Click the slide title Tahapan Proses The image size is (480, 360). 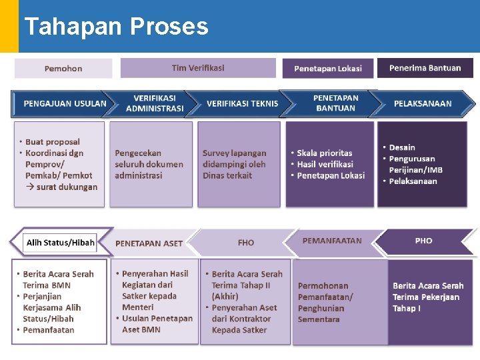[116, 27]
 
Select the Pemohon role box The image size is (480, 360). [63, 69]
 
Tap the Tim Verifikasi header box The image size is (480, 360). [198, 68]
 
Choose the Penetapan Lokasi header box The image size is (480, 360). [328, 69]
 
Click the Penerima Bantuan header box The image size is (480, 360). [425, 68]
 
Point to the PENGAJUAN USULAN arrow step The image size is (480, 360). [65, 103]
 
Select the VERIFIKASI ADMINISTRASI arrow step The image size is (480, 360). [155, 103]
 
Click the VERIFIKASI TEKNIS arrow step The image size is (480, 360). [242, 103]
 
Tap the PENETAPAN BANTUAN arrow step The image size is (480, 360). [335, 103]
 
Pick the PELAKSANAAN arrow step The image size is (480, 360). [423, 103]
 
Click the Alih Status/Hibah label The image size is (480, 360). [60, 243]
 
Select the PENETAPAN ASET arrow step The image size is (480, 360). [149, 243]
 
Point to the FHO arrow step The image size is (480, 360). [246, 243]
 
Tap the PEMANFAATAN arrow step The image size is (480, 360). [332, 241]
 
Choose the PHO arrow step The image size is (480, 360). [423, 241]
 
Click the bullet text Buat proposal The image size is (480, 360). [52, 142]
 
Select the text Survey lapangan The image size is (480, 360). [234, 153]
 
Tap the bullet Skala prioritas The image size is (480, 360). [325, 153]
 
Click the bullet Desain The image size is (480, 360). [402, 147]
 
